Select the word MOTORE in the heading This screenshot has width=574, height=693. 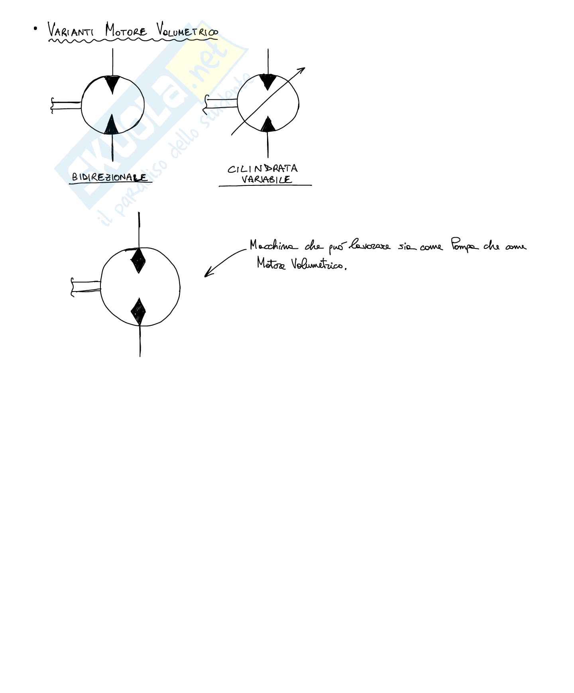click(126, 31)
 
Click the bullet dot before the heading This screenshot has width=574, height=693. click(36, 28)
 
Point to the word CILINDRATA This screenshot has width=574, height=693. click(263, 169)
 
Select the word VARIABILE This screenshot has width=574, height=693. click(266, 179)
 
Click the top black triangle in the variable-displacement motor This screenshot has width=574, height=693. click(268, 81)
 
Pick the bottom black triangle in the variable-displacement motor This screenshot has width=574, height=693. click(268, 124)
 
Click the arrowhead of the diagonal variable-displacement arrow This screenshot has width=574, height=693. click(302, 70)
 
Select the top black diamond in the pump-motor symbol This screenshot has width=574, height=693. click(138, 260)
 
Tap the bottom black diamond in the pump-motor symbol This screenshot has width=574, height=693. click(139, 311)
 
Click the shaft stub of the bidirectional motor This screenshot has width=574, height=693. click(66, 105)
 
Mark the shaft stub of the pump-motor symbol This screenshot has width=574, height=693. click(86, 287)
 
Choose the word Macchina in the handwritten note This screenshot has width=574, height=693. click(273, 246)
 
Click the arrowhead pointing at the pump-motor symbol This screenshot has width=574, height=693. click(207, 274)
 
